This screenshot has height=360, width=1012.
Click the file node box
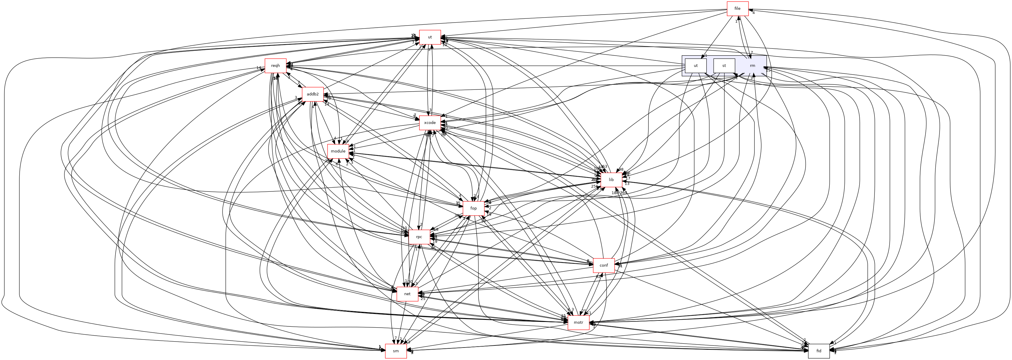click(738, 9)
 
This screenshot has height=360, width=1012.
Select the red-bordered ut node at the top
click(430, 37)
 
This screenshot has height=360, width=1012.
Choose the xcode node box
click(430, 122)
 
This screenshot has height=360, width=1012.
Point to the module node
click(338, 151)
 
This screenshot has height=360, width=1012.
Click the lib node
click(611, 180)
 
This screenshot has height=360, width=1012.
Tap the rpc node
click(419, 237)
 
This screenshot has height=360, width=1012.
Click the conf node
click(604, 265)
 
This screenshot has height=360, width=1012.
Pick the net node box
click(408, 294)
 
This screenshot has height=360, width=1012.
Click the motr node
click(578, 323)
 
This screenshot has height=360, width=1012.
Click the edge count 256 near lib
click(594, 186)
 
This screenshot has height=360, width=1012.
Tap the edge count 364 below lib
click(623, 193)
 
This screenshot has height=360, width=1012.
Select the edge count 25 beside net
click(423, 299)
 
